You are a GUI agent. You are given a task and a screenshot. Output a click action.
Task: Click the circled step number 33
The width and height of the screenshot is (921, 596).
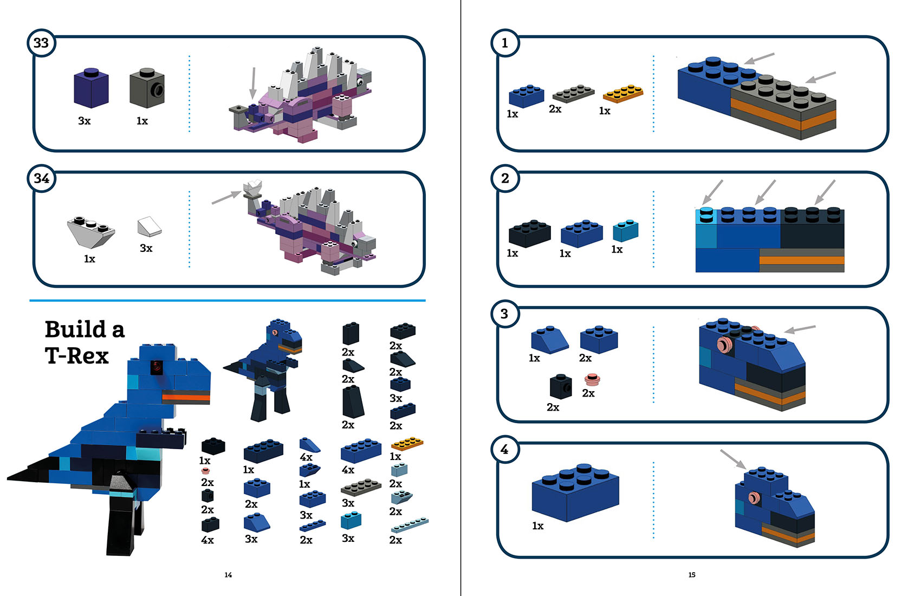[41, 43]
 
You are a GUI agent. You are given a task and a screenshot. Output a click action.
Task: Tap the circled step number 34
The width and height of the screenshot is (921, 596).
[41, 178]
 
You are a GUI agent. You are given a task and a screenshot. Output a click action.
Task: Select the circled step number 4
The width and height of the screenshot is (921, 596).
[504, 449]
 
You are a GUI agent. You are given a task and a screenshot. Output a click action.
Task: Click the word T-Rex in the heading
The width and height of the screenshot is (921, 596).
[77, 356]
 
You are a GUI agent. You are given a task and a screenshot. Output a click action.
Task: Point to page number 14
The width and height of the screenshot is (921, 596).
[228, 575]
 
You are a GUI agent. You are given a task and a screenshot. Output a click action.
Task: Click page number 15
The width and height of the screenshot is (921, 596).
[692, 575]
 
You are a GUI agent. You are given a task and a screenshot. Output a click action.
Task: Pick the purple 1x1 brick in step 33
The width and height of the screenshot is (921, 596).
[91, 88]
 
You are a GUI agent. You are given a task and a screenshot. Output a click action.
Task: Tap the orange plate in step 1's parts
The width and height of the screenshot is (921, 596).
[623, 93]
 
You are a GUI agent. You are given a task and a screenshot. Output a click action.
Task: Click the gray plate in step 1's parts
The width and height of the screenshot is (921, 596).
[573, 94]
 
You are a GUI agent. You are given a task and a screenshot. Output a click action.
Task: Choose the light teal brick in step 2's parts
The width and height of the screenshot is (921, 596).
[625, 230]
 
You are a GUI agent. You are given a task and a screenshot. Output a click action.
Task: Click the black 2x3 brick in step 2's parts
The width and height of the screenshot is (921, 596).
[529, 234]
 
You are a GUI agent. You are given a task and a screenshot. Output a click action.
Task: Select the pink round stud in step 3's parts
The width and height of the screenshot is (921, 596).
[592, 380]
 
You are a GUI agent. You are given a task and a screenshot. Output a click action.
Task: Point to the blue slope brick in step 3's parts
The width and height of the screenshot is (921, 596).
[549, 340]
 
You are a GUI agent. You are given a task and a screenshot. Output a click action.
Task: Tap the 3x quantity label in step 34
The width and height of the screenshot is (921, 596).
[146, 248]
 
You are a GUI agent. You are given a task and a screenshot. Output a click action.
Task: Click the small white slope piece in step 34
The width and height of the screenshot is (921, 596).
[149, 226]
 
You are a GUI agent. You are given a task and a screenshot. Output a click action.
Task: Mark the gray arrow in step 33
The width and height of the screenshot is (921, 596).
[252, 82]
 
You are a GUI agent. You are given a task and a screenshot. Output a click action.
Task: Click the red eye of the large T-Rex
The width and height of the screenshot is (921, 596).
[157, 367]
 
